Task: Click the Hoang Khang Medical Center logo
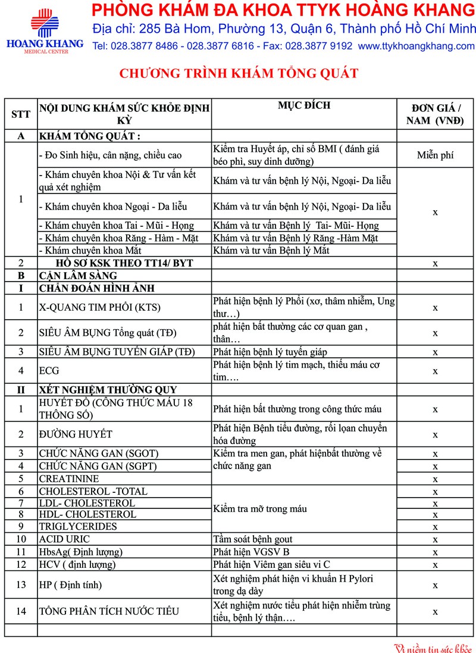(45, 30)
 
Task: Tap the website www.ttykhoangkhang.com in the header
(416, 46)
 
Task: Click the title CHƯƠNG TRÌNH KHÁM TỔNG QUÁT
(239, 73)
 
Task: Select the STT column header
(21, 114)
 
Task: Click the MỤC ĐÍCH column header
(303, 106)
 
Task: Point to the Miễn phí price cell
(435, 155)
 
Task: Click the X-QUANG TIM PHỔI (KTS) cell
(100, 308)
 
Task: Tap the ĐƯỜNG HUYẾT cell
(76, 435)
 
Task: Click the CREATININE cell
(69, 479)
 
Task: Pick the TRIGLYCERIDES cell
(78, 526)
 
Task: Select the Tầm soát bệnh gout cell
(256, 539)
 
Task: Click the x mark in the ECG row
(435, 371)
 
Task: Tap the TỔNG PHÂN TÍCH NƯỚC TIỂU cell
(109, 611)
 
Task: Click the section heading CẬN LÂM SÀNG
(78, 276)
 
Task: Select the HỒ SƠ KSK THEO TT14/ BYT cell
(124, 263)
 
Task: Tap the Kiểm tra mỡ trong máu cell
(260, 508)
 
